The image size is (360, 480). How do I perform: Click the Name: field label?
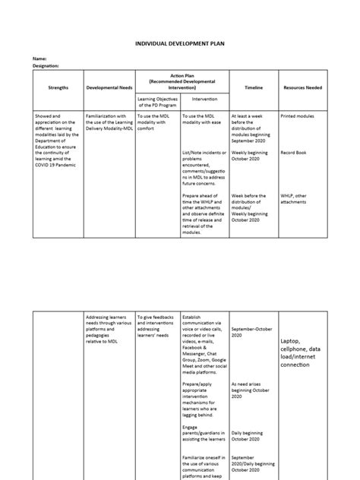[38, 58]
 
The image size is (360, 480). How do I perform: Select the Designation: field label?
[46, 66]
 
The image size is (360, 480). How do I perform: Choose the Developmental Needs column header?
[108, 88]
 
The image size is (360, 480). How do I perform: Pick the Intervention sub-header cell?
[205, 99]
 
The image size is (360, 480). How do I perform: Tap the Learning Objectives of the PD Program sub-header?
[156, 102]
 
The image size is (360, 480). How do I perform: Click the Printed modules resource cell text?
[299, 116]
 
